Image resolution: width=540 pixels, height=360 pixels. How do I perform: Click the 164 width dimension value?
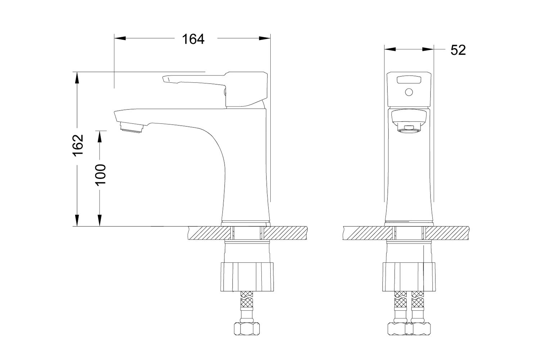[x=193, y=39]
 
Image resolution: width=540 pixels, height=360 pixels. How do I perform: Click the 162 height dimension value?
[x=78, y=145]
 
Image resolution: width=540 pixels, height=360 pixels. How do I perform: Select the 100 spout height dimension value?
[x=101, y=175]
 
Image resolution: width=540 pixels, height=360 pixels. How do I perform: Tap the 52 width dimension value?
[x=458, y=50]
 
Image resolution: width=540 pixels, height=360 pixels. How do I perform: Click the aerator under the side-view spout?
[x=132, y=127]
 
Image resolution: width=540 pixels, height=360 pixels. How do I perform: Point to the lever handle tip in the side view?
[x=165, y=79]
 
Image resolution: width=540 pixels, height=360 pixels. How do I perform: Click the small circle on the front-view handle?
[x=409, y=92]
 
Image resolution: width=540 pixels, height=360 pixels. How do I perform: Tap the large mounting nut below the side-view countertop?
[x=247, y=277]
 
